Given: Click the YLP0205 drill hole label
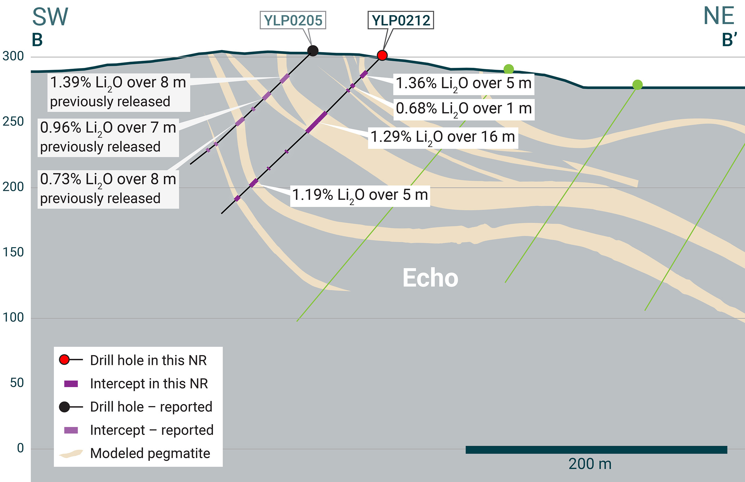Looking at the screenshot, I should click(x=293, y=20).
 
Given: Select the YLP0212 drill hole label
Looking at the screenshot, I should click(x=401, y=20).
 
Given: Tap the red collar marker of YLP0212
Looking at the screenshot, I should click(x=382, y=55).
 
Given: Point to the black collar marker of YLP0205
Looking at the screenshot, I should click(x=313, y=51).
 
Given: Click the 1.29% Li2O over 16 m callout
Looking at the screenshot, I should click(x=442, y=138).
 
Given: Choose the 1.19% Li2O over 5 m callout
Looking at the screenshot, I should click(x=360, y=195).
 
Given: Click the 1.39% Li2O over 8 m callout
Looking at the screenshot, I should click(x=118, y=92).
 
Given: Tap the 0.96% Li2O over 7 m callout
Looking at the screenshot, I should click(x=108, y=138).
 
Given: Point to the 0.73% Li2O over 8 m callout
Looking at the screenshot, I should click(x=108, y=189).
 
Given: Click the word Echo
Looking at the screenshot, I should click(x=430, y=278).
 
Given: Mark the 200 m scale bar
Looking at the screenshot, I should click(x=596, y=450).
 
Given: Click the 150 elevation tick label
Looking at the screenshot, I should click(x=13, y=252).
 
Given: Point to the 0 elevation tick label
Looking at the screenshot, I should click(x=20, y=448).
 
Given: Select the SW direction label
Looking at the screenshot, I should click(x=50, y=17).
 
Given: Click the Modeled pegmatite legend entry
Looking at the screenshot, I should click(x=150, y=454).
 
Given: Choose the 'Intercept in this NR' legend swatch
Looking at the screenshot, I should click(x=71, y=384).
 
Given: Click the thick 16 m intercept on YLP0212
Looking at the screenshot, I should click(x=316, y=122).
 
